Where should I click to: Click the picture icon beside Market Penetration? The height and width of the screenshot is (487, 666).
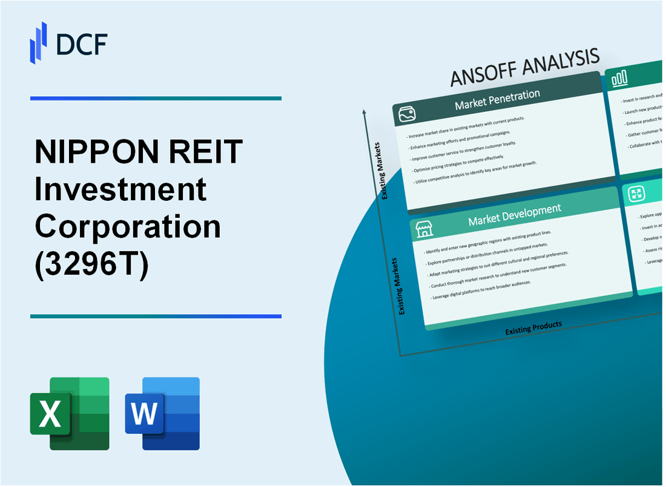pyautogui.click(x=405, y=113)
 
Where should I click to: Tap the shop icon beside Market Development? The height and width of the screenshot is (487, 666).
pyautogui.click(x=423, y=229)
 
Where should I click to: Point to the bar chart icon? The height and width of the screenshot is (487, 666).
pyautogui.click(x=619, y=79)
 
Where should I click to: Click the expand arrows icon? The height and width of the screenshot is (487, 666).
pyautogui.click(x=636, y=194)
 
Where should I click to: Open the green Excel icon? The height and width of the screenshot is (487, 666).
pyautogui.click(x=70, y=414)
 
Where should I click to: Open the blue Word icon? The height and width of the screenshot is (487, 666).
pyautogui.click(x=162, y=414)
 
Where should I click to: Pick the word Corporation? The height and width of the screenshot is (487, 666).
pyautogui.click(x=127, y=227)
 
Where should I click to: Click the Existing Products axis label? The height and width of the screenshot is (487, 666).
pyautogui.click(x=533, y=327)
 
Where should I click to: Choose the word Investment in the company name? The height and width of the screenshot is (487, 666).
pyautogui.click(x=121, y=189)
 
